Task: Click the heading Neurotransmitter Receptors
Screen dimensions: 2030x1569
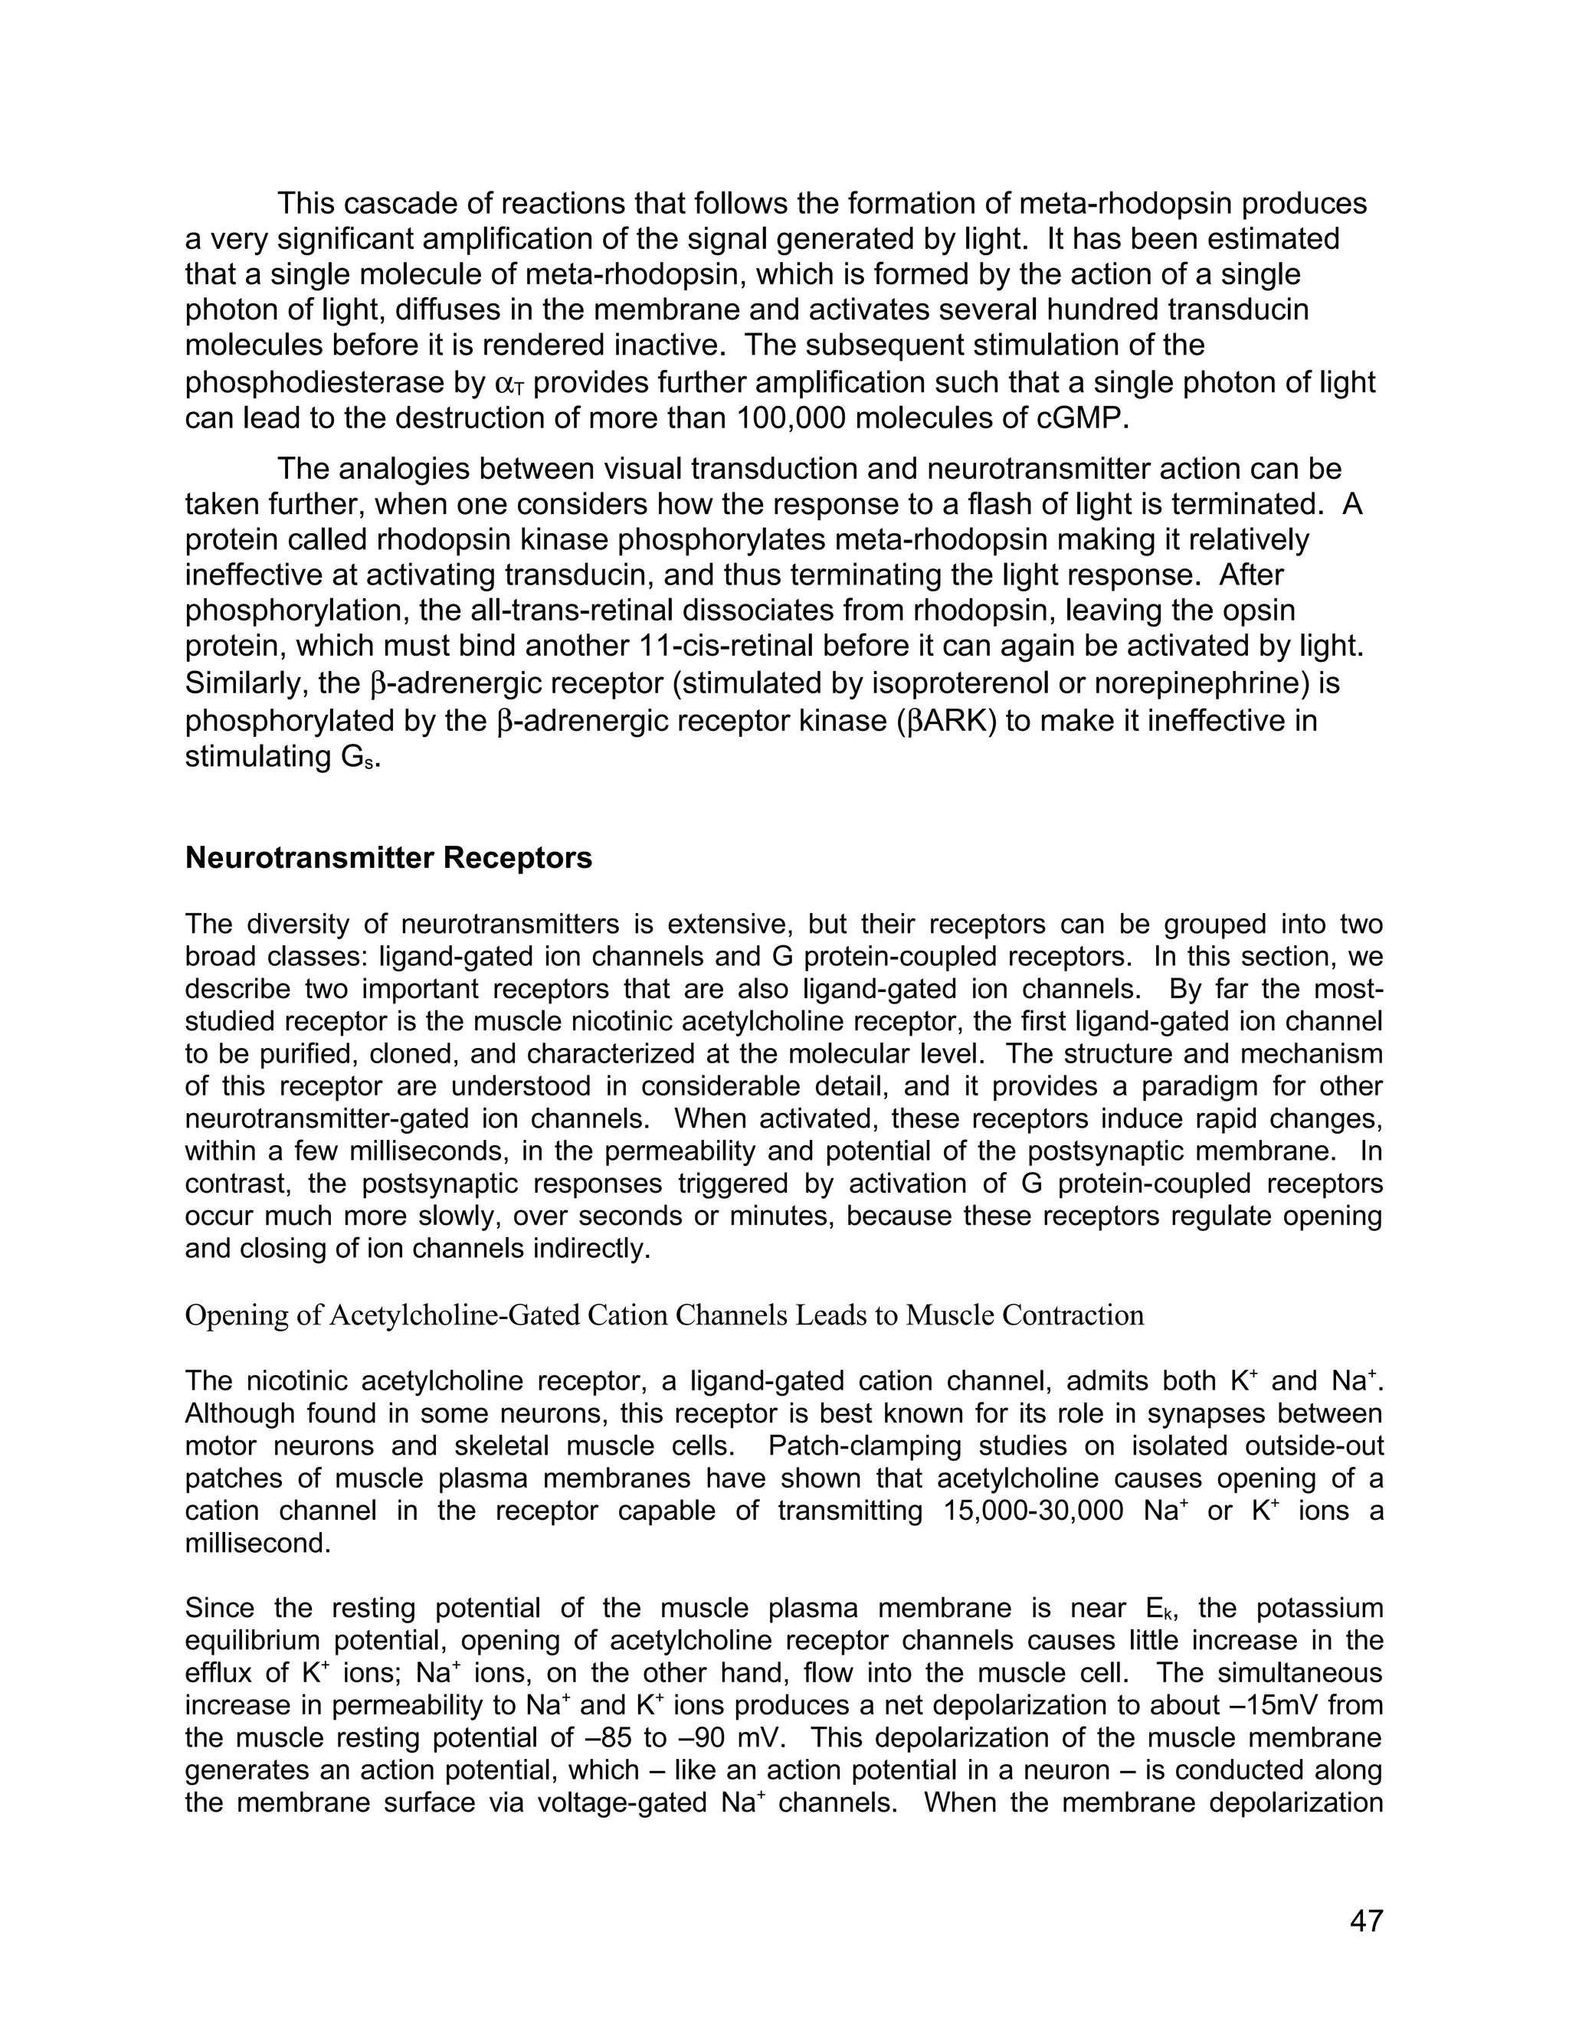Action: [388, 857]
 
